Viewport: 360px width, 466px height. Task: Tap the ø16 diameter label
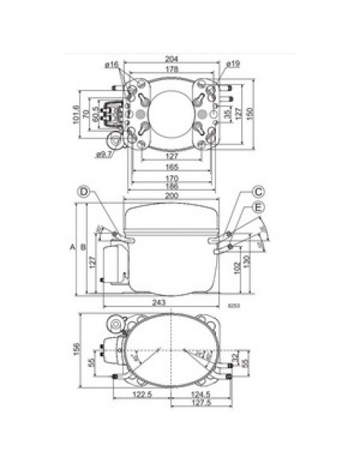(114, 66)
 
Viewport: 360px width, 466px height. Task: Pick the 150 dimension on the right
(259, 111)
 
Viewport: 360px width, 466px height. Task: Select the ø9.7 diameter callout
(103, 154)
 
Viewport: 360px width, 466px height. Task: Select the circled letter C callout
(258, 191)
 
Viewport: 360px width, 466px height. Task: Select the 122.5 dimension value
(143, 395)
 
